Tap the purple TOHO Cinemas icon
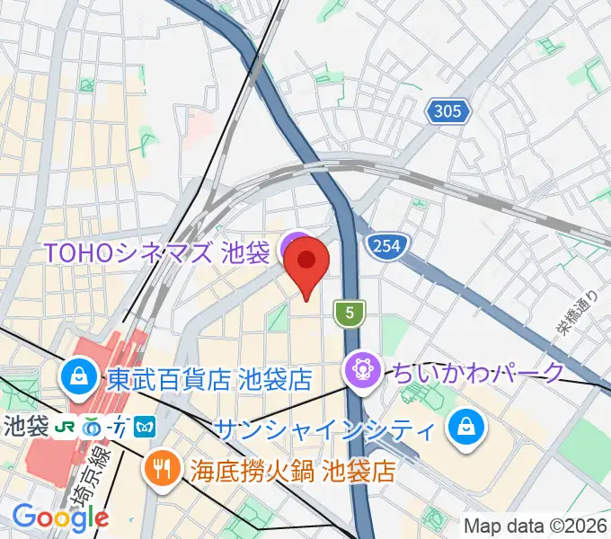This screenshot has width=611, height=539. [292, 248]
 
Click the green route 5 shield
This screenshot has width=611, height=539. [349, 313]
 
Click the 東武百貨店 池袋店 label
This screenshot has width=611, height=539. [208, 378]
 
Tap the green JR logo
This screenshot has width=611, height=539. [64, 428]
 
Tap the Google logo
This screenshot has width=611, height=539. [60, 517]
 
